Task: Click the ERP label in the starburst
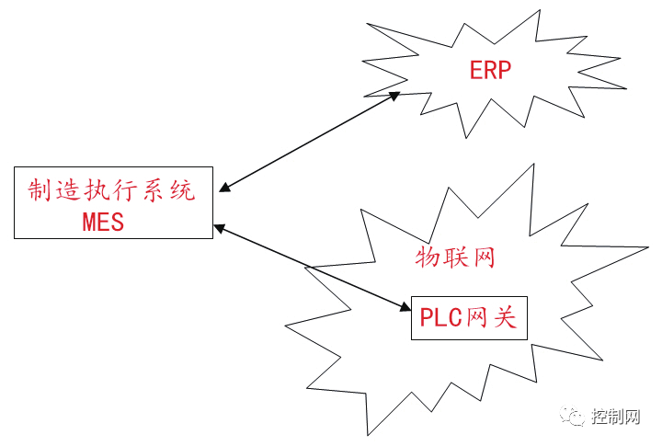click(490, 71)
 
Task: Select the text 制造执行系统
click(111, 192)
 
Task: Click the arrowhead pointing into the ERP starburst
click(394, 95)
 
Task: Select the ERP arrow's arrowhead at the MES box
click(224, 189)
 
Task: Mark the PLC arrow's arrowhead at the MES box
click(218, 226)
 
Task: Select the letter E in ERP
click(476, 71)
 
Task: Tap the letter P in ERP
click(504, 71)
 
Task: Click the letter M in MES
click(89, 221)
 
